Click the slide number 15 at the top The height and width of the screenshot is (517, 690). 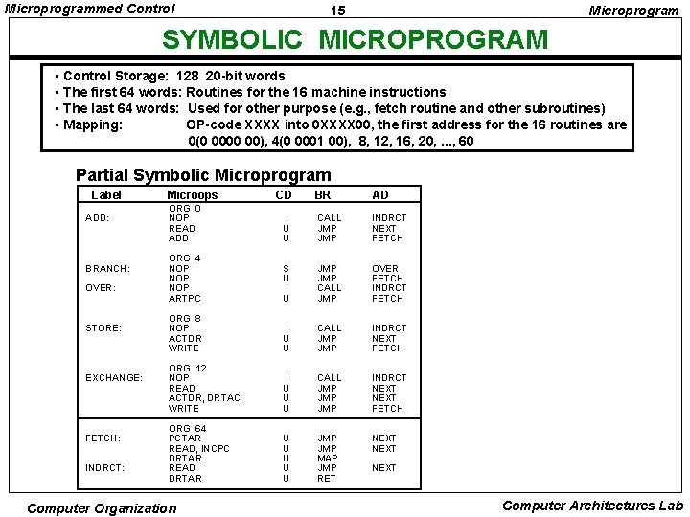pos(338,11)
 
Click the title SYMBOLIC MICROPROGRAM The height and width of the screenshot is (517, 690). pos(355,40)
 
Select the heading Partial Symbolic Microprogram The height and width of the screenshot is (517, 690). pos(203,175)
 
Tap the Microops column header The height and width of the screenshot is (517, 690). pos(192,195)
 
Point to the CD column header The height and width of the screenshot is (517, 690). pos(284,195)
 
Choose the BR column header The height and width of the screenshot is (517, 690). pos(322,195)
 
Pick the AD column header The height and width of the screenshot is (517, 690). pos(380,195)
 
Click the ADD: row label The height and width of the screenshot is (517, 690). pos(97,218)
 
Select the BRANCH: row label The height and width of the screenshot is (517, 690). pos(107,269)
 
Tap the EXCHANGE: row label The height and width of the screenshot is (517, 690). pos(113,378)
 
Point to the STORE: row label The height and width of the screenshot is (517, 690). pos(103,328)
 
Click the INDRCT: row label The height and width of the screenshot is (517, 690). pos(104,468)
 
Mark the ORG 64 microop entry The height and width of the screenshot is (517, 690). pos(187,428)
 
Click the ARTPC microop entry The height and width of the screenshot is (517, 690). pos(185,299)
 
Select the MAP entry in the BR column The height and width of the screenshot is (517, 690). pos(328,458)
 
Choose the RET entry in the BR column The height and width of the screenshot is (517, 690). pos(327,478)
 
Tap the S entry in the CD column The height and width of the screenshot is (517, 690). pos(286,269)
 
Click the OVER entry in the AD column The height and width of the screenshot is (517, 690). pos(385,269)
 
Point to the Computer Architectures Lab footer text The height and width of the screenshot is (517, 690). pos(592,506)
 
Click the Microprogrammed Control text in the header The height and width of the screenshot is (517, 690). pos(91,9)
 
